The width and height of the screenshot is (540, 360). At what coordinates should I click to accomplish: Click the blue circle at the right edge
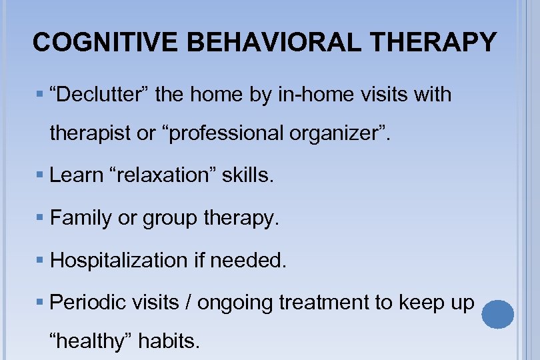tap(497, 313)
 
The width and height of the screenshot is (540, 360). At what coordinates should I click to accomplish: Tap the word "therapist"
tap(91, 133)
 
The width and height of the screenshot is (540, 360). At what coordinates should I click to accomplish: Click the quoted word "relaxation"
tap(161, 175)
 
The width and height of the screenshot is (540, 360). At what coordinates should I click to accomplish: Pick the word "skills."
tap(248, 175)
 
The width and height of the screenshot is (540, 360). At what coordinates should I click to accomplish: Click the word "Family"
tap(81, 217)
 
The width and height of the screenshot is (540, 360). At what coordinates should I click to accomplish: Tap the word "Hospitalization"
tap(117, 260)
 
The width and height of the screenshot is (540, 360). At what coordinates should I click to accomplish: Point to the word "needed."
tap(248, 260)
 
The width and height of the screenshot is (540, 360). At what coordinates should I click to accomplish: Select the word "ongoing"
tap(236, 303)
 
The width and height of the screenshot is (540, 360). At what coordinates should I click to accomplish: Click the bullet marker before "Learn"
tap(41, 176)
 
